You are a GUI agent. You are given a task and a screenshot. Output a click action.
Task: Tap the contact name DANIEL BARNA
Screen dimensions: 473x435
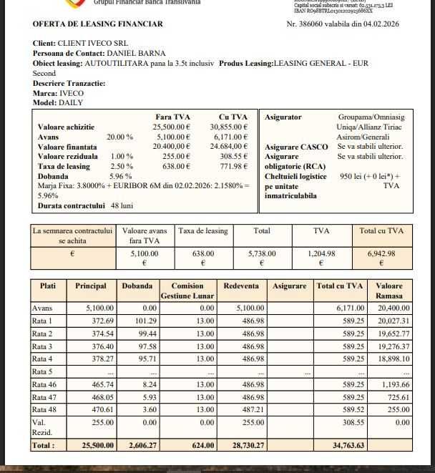pos(136,53)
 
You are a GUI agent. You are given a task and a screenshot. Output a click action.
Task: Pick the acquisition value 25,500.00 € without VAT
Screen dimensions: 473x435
pos(172,127)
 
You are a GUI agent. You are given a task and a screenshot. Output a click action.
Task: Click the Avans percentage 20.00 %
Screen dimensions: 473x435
pos(119,137)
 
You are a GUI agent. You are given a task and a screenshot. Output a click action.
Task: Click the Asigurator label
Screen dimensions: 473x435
pos(283,117)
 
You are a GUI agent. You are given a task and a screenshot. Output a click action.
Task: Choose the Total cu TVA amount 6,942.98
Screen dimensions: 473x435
pos(381,253)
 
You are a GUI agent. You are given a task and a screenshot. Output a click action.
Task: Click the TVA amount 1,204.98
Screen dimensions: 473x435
pos(321,253)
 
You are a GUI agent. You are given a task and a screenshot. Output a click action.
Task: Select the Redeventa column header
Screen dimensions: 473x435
pos(241,286)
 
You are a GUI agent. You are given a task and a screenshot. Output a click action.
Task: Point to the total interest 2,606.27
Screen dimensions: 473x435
pos(138,445)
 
